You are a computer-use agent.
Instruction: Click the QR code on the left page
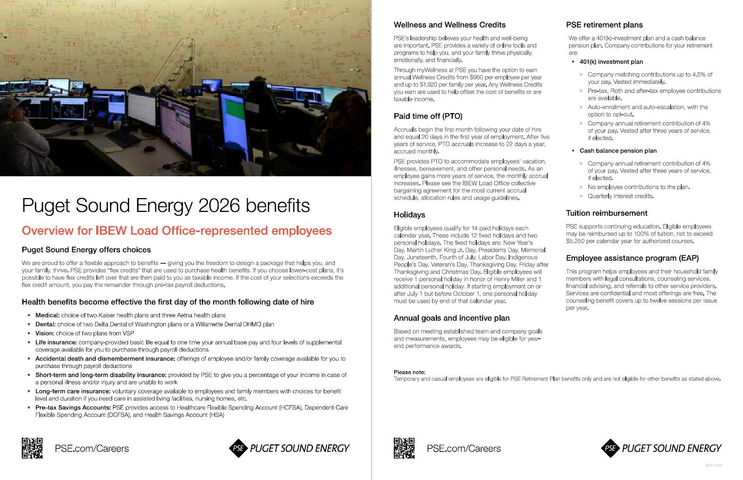pyautogui.click(x=32, y=448)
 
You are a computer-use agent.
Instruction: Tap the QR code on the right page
pyautogui.click(x=404, y=448)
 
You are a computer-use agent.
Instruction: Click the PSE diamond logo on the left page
pyautogui.click(x=238, y=448)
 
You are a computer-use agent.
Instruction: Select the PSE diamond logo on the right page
pyautogui.click(x=610, y=448)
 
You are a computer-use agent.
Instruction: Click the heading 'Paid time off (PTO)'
pyautogui.click(x=428, y=116)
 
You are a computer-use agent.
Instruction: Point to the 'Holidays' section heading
pyautogui.click(x=409, y=215)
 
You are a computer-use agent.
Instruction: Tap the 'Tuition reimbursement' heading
pyautogui.click(x=606, y=213)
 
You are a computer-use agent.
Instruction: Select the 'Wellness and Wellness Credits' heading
pyautogui.click(x=450, y=25)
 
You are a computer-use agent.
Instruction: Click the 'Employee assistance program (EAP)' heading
pyautogui.click(x=632, y=259)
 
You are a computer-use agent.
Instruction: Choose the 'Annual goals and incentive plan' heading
pyautogui.click(x=451, y=318)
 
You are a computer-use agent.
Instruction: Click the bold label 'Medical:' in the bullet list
pyautogui.click(x=47, y=315)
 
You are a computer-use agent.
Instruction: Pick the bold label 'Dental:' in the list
pyautogui.click(x=46, y=324)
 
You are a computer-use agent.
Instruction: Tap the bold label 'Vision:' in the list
pyautogui.click(x=46, y=333)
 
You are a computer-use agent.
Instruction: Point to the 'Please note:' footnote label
pyautogui.click(x=409, y=372)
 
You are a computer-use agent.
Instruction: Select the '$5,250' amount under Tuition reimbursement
pyautogui.click(x=576, y=241)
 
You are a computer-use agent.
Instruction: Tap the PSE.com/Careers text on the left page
pyautogui.click(x=91, y=449)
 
